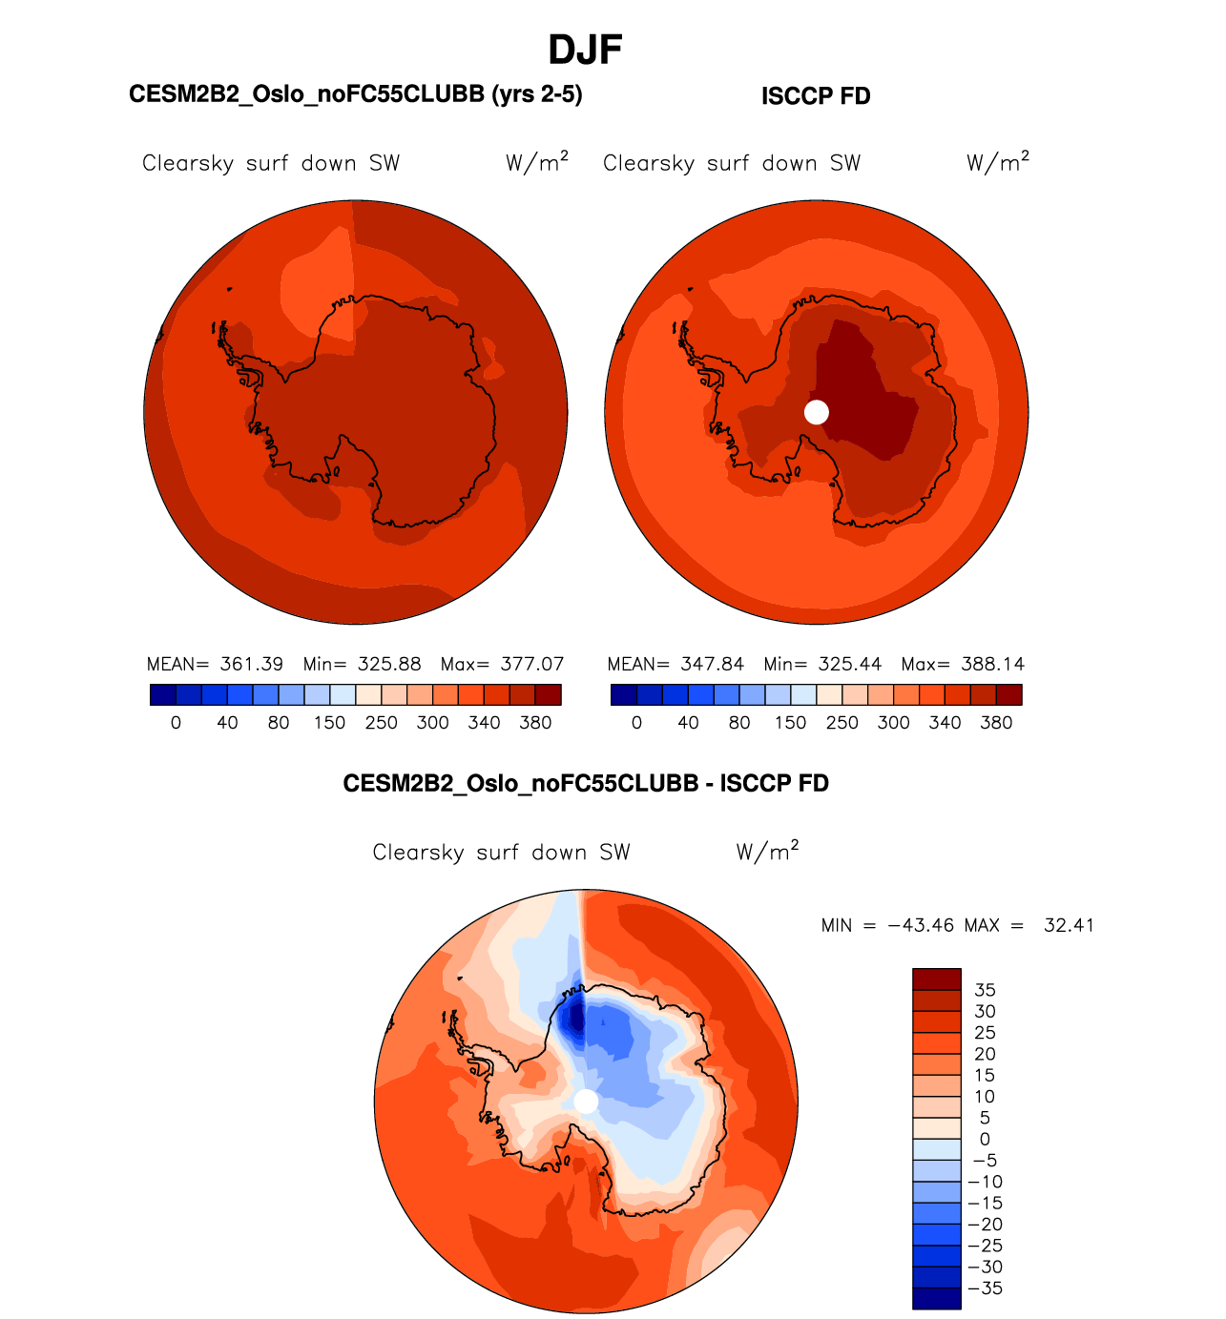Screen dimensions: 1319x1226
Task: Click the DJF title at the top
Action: tap(585, 51)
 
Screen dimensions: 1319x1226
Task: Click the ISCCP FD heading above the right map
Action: tap(816, 96)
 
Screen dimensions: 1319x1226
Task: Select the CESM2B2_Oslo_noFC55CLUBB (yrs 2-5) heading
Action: tap(355, 94)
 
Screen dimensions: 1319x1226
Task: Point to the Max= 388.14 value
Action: tap(963, 664)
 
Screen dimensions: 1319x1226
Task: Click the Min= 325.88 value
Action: tap(362, 664)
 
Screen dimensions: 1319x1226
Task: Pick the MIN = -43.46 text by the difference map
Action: tap(887, 925)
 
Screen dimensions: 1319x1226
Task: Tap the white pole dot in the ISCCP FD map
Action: tap(817, 412)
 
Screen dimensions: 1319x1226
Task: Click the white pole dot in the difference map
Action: tap(586, 1102)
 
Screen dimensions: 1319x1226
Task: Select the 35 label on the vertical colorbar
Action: tap(985, 990)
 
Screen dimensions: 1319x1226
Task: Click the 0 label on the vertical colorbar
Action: tap(985, 1139)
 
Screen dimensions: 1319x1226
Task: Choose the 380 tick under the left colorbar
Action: tap(535, 723)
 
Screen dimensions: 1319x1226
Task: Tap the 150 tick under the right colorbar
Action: tap(790, 723)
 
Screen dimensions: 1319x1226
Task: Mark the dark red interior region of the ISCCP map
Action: tap(863, 391)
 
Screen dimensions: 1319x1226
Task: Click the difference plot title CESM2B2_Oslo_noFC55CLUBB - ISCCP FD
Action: tap(586, 784)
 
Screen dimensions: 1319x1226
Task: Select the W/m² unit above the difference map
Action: tap(767, 851)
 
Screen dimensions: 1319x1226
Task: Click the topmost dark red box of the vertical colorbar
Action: tap(936, 979)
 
